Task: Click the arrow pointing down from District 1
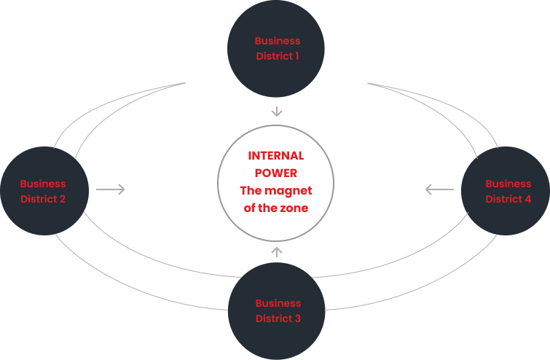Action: click(x=276, y=111)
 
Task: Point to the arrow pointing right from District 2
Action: click(x=111, y=190)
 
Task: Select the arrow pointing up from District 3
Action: click(x=276, y=252)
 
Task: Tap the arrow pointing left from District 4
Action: click(x=439, y=190)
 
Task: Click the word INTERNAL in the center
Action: click(x=276, y=156)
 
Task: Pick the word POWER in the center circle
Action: click(x=276, y=173)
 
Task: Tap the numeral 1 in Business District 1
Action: click(x=296, y=56)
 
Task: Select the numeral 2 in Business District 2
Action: click(x=63, y=199)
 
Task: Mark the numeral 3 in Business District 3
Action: click(x=297, y=318)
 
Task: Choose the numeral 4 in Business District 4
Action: click(x=528, y=199)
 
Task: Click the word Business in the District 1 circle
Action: click(x=278, y=41)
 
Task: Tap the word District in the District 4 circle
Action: click(x=503, y=199)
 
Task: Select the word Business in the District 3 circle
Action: click(x=278, y=303)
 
